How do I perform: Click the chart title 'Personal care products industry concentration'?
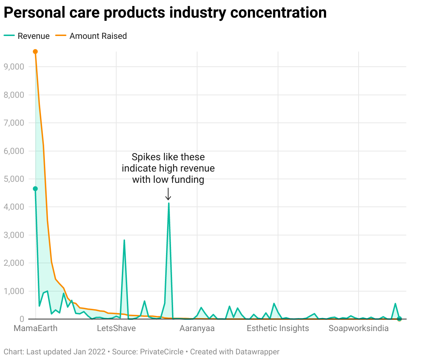coord(165,13)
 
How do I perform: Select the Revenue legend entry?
coord(27,36)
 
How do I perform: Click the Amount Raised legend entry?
coord(91,36)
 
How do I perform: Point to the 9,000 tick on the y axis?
coord(14,67)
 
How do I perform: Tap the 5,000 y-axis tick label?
coord(14,179)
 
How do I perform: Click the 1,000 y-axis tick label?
coord(14,291)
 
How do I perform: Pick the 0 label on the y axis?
coord(22,319)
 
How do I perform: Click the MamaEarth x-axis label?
coord(35,328)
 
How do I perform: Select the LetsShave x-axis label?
coord(116,328)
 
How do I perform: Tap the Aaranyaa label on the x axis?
coord(197,328)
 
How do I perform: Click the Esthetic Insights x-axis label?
coord(278,328)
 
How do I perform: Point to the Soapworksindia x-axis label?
coord(359,328)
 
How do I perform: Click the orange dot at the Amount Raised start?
coord(35,52)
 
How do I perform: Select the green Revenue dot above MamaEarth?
coord(35,189)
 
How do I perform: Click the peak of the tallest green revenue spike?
coord(169,203)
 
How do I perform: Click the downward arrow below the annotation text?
coord(169,194)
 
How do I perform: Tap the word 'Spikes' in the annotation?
coord(143,157)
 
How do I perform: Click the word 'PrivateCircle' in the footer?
coord(162,352)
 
